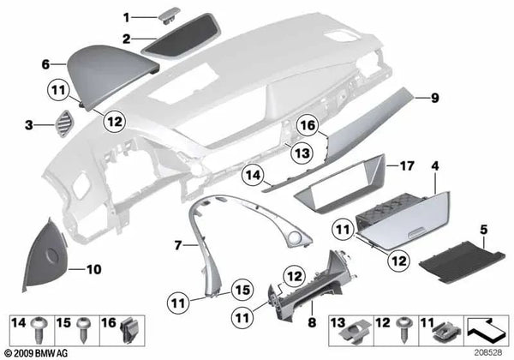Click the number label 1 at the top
tap(125, 17)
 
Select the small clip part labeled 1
tap(165, 15)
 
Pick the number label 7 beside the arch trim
tap(177, 245)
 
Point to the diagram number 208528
tap(489, 352)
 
